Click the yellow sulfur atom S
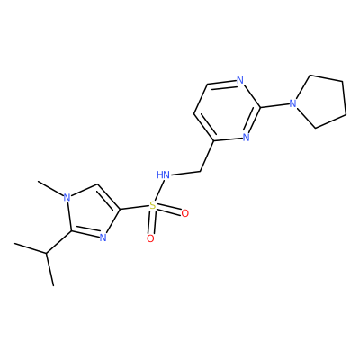153,205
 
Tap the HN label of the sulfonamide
164,175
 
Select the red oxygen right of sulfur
185,213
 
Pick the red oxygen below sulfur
150,238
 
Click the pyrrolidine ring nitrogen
293,103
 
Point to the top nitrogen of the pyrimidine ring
240,80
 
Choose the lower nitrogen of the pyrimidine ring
246,138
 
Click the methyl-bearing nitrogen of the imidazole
67,197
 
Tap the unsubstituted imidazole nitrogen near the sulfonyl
103,238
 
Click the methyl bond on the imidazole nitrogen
50,188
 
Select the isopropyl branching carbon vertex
47,254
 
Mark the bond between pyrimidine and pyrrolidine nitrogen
274,106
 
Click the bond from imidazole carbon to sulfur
135,208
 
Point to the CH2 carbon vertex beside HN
200,172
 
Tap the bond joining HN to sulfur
159,190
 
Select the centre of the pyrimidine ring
227,111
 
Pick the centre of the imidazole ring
92,212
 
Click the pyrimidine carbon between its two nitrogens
260,108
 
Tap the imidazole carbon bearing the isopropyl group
71,231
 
